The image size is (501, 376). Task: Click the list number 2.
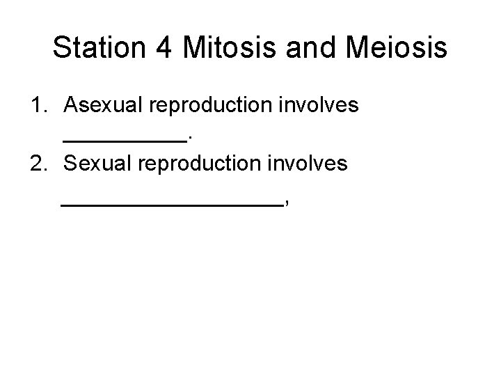[37, 164]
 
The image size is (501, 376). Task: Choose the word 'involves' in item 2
[313, 164]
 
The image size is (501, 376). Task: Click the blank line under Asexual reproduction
[125, 139]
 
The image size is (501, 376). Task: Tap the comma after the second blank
[286, 203]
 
